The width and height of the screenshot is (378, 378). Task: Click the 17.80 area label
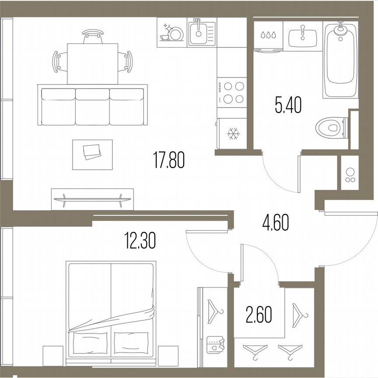(x=169, y=160)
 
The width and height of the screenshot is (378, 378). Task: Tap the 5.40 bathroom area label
(x=288, y=106)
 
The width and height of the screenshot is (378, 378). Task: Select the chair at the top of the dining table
(x=92, y=35)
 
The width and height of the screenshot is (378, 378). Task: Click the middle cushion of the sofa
(x=92, y=106)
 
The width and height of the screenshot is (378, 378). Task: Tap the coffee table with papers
(x=92, y=154)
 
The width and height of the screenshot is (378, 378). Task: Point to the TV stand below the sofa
(x=92, y=199)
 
